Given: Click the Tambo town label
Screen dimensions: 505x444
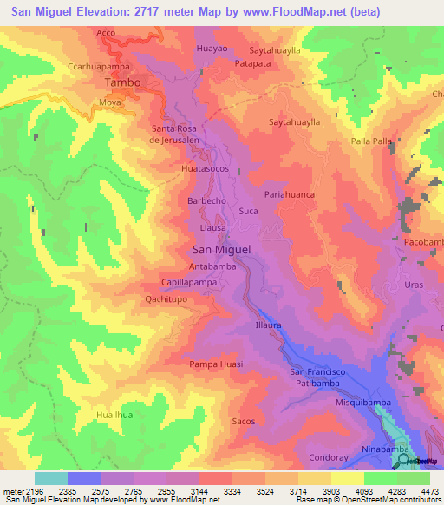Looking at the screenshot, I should [121, 82].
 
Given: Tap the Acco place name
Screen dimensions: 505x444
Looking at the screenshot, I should [106, 32].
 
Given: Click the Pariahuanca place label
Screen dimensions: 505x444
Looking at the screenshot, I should [289, 195].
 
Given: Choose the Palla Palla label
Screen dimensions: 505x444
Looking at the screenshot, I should [372, 141].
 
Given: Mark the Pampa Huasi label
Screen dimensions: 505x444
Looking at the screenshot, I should [216, 364].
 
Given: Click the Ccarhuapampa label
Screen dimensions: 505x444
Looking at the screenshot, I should [99, 65].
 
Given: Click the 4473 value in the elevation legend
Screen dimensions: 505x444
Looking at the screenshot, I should [429, 490].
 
